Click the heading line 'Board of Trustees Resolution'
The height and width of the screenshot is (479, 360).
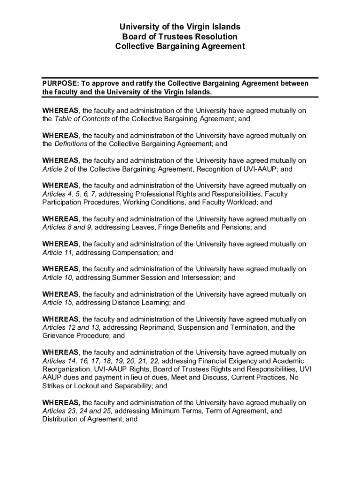pyautogui.click(x=180, y=36)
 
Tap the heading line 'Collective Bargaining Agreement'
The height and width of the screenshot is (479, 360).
pyautogui.click(x=180, y=46)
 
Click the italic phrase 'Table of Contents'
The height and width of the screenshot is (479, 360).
pyautogui.click(x=82, y=119)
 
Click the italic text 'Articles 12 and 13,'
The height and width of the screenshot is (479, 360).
pyautogui.click(x=72, y=327)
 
